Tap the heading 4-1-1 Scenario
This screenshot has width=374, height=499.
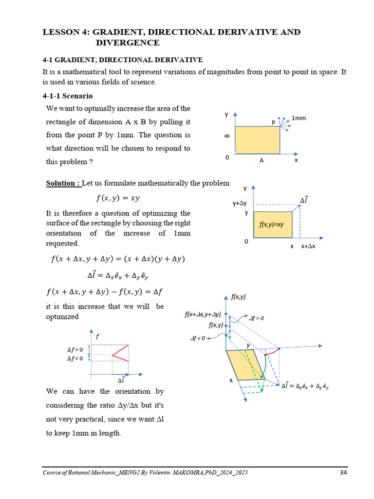pyautogui.click(x=68, y=96)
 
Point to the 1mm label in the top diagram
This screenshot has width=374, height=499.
pyautogui.click(x=299, y=117)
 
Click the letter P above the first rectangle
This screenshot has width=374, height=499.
pyautogui.click(x=274, y=122)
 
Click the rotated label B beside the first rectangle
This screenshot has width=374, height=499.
pyautogui.click(x=227, y=136)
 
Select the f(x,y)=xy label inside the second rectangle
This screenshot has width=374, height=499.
pyautogui.click(x=272, y=225)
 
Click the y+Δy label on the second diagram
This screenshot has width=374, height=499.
pyautogui.click(x=239, y=203)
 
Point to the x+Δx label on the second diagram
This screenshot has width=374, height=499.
pyautogui.click(x=308, y=247)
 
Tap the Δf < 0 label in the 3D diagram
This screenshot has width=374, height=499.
pyautogui.click(x=198, y=337)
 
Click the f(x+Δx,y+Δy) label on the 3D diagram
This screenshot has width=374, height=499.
pyautogui.click(x=203, y=315)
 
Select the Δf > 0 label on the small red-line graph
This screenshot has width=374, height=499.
pyautogui.click(x=75, y=349)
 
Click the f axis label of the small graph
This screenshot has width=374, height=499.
pyautogui.click(x=97, y=336)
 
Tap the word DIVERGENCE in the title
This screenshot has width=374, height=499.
pyautogui.click(x=128, y=43)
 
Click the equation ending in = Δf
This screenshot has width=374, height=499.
pyautogui.click(x=104, y=292)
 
